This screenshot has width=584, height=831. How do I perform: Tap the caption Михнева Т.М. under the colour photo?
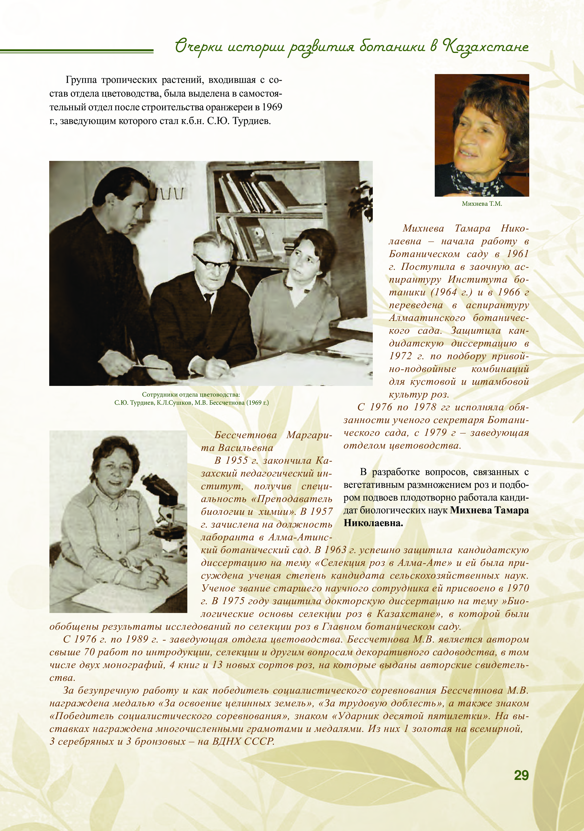click(482, 204)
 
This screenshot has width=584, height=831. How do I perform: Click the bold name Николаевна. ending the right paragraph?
click(373, 523)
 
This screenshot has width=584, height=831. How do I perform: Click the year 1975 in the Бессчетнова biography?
click(235, 601)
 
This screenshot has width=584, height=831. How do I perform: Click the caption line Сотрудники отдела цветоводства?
click(191, 394)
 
